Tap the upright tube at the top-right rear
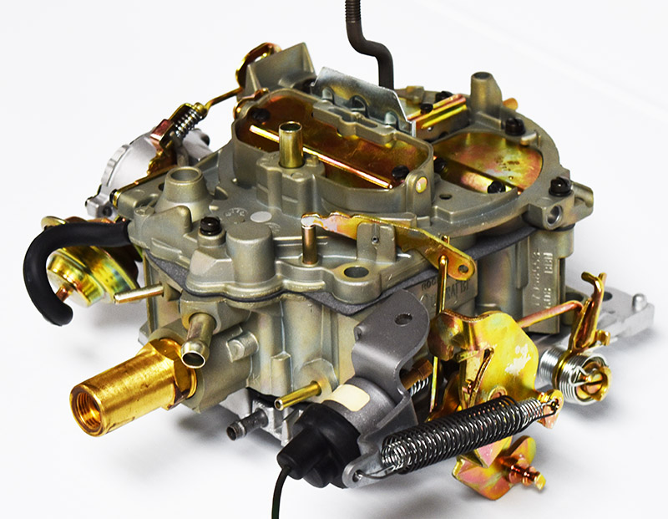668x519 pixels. coord(482,87)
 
